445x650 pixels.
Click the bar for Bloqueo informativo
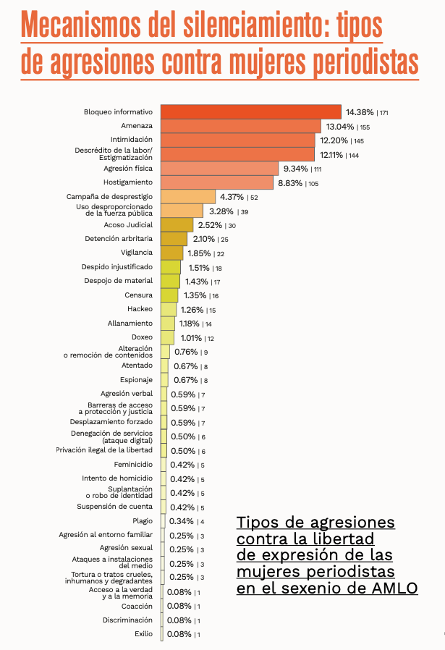[x=250, y=112]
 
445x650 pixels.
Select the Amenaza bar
[x=241, y=126]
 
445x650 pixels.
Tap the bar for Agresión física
[x=219, y=169]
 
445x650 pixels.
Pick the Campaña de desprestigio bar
[x=188, y=197]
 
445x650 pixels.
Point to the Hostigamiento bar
[x=217, y=182]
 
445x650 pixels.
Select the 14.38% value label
[x=360, y=112]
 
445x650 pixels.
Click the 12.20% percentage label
[x=334, y=140]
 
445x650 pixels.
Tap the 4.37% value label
[x=232, y=197]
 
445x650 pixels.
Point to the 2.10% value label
[x=203, y=239]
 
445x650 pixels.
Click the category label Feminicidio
[x=133, y=464]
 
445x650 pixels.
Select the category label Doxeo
[x=142, y=337]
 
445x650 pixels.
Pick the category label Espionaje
[x=136, y=379]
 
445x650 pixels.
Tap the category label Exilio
[x=143, y=633]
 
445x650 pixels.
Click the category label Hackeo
[x=140, y=309]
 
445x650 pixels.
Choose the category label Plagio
[x=143, y=520]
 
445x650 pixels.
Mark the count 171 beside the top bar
[x=383, y=113]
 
